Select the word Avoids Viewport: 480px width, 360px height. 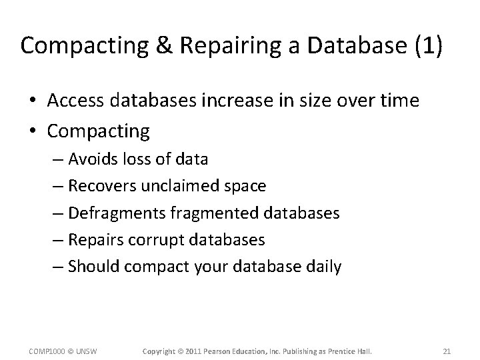93,159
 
